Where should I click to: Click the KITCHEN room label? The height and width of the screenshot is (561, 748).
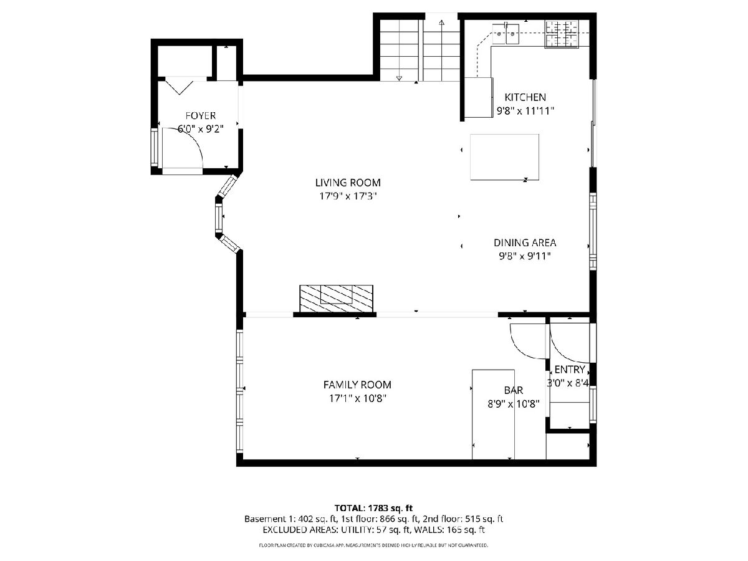(525, 97)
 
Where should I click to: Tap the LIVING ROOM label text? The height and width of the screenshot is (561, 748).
(348, 183)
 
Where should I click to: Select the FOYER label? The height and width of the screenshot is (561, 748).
(201, 116)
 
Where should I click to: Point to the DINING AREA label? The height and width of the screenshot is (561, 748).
(525, 243)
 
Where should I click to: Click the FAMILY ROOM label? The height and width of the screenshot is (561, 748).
(357, 385)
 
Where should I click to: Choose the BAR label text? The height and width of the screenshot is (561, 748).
(513, 390)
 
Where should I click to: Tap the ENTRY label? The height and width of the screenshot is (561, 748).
(570, 369)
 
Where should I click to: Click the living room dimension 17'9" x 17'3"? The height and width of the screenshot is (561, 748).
(348, 196)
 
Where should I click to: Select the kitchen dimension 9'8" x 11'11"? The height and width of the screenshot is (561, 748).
(525, 111)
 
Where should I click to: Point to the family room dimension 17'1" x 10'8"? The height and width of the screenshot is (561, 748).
(357, 398)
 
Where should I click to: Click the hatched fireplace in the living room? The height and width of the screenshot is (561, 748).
(336, 299)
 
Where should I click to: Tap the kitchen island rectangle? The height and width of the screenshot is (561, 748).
(504, 157)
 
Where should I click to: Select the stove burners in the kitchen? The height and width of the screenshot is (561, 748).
(562, 34)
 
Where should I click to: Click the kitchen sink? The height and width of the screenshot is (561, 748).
(506, 34)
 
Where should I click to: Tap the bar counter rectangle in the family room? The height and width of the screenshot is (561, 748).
(493, 415)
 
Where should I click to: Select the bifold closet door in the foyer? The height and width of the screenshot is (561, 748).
(180, 87)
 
